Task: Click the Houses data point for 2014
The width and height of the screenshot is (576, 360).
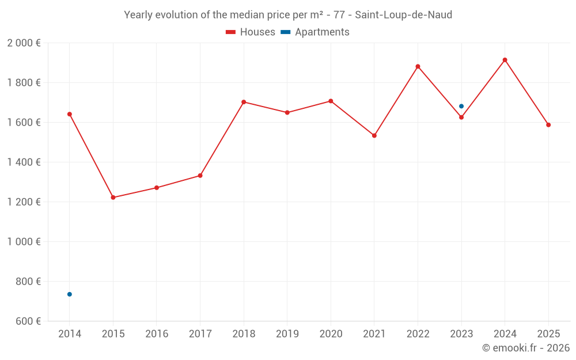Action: (x=70, y=114)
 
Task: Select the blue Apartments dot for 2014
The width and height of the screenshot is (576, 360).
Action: (x=70, y=294)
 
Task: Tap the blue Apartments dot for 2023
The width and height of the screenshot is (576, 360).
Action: (x=461, y=106)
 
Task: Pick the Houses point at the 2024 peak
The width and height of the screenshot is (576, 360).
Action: (x=505, y=60)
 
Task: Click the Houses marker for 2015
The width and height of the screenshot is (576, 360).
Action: (x=113, y=198)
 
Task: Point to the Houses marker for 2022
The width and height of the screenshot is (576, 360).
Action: (x=418, y=66)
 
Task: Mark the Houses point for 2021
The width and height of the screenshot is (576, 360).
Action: (x=374, y=135)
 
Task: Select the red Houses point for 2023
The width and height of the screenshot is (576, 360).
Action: (x=461, y=118)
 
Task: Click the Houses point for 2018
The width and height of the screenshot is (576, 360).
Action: (x=244, y=102)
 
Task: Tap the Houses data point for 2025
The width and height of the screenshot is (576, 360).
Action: (x=548, y=125)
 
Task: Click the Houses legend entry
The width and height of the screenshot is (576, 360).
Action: (x=251, y=32)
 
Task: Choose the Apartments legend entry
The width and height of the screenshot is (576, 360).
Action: (x=315, y=32)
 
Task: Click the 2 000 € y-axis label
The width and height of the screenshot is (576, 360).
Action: (x=24, y=43)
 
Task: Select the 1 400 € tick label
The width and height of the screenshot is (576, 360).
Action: (x=24, y=162)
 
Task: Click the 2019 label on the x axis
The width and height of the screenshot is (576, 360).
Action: (x=287, y=334)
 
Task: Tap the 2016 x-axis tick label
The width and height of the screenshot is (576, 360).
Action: (x=157, y=334)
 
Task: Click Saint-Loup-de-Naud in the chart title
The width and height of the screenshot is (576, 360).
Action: (x=403, y=15)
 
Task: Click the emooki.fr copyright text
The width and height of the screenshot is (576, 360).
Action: (x=525, y=348)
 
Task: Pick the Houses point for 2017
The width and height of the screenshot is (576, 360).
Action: (x=200, y=176)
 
